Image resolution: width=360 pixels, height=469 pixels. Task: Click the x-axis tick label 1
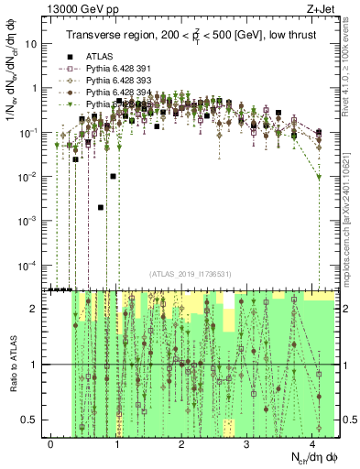116,442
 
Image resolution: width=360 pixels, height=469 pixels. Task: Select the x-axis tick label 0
51,442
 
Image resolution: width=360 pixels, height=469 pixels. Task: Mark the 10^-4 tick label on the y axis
27,266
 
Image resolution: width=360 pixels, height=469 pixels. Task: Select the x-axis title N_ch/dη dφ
311,458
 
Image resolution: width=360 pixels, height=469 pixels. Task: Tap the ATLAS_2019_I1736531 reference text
191,274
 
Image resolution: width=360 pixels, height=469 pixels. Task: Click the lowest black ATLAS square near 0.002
100,208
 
